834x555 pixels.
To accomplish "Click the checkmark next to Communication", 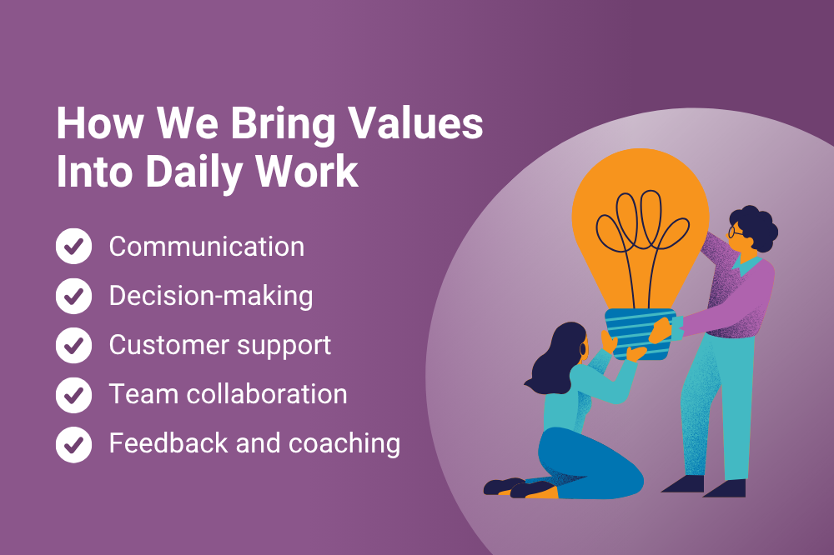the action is click(x=74, y=246).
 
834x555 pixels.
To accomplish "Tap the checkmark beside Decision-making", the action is click(x=74, y=296).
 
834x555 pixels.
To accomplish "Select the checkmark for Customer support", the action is click(x=74, y=345).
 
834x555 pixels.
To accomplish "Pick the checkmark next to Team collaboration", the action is click(x=74, y=395).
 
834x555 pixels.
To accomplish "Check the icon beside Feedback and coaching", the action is click(x=74, y=444).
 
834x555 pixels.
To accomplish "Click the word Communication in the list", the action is click(x=206, y=247).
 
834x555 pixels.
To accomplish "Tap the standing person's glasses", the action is click(x=736, y=232).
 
